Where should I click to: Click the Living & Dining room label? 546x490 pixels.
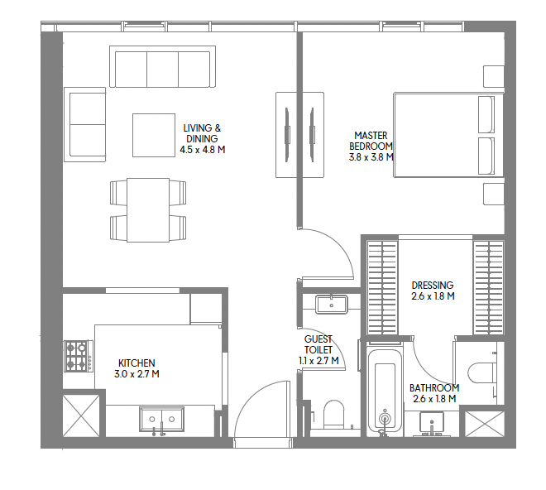tap(203, 139)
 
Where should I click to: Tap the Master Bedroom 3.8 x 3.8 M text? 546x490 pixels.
tap(371, 146)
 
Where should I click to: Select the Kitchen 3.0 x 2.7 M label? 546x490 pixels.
tap(136, 368)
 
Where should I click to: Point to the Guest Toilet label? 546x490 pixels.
tap(318, 350)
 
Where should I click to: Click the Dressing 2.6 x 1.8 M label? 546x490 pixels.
tap(433, 291)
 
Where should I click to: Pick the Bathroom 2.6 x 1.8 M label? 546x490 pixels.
tap(434, 393)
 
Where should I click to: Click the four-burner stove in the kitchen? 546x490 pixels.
tap(79, 356)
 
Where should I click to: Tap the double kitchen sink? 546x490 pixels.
tap(161, 419)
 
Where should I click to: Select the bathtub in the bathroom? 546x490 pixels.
tap(385, 388)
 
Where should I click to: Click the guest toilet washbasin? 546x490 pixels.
tap(332, 305)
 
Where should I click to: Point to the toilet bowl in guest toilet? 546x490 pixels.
tap(334, 414)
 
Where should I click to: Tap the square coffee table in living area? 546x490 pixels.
tap(154, 135)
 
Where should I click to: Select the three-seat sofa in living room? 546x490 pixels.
tap(163, 66)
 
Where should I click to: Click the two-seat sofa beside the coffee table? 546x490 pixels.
tap(84, 124)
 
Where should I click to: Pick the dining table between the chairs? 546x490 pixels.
tap(148, 210)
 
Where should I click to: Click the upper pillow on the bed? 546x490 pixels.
tap(486, 114)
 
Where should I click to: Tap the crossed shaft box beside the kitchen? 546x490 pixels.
tap(81, 416)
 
